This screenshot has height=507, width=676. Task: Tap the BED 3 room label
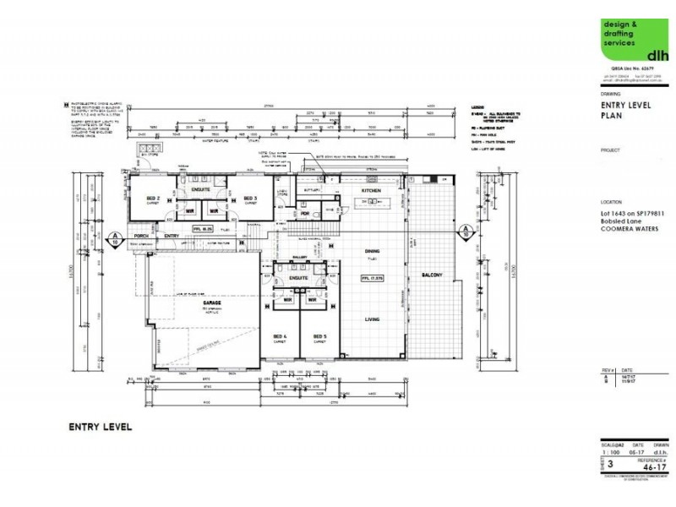click(x=249, y=198)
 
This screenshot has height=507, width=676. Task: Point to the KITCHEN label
click(x=372, y=192)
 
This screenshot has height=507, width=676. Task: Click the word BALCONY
click(x=432, y=275)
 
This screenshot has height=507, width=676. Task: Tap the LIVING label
click(x=372, y=319)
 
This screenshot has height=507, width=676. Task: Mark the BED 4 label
click(x=281, y=337)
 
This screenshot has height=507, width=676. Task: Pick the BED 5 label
click(x=319, y=337)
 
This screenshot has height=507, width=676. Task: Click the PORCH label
click(x=140, y=236)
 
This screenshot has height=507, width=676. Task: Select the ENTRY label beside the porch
click(x=172, y=236)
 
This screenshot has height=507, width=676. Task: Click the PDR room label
click(x=305, y=213)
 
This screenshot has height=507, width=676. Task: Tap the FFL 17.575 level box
click(x=373, y=278)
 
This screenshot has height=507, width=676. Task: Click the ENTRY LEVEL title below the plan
click(x=100, y=428)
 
